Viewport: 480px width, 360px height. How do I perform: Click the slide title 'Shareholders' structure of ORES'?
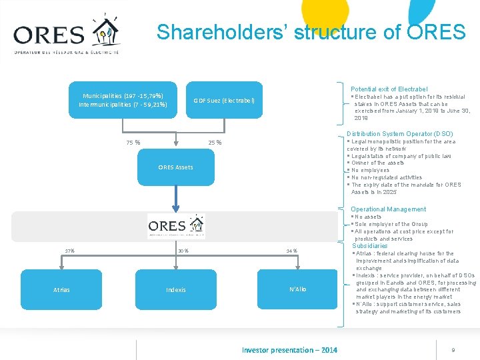point(311,32)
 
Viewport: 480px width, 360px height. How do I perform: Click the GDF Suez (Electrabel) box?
point(224,100)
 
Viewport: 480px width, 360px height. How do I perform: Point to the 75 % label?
point(133,142)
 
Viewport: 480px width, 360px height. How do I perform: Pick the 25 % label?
point(215,142)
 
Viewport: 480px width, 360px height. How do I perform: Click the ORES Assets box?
point(176,167)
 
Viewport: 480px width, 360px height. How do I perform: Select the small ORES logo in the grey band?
point(176,226)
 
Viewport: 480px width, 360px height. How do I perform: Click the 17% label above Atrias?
point(69,251)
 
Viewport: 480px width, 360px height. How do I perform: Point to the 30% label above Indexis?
point(183,251)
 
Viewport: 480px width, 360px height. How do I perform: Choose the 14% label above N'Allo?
point(291,251)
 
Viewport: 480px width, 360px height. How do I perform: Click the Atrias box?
point(61,290)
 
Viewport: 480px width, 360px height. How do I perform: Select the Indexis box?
point(176,290)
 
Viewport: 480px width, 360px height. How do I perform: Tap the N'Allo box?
point(298,289)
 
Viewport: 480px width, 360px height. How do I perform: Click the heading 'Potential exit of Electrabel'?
point(389,89)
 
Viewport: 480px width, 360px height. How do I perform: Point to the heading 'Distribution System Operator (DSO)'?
point(399,134)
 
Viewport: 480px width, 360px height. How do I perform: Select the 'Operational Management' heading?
point(388,209)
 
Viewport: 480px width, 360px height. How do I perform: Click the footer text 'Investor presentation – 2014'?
point(289,350)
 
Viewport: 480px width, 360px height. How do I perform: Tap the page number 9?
point(453,350)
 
